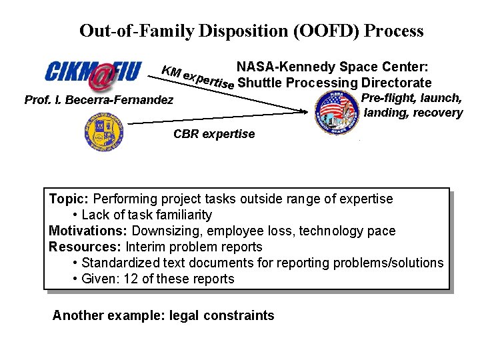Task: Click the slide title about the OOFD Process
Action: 251,31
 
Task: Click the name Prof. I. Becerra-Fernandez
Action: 99,101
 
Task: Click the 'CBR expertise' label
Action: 214,134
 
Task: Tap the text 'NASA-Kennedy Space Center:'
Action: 332,67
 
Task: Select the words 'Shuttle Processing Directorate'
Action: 334,83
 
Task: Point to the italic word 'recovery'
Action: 437,113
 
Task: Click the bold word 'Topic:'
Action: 69,199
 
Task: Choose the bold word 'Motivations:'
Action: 89,231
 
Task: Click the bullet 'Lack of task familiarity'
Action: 146,215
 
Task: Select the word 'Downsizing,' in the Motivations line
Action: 164,231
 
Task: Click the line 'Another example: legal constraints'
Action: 163,315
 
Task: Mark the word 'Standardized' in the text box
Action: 117,263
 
